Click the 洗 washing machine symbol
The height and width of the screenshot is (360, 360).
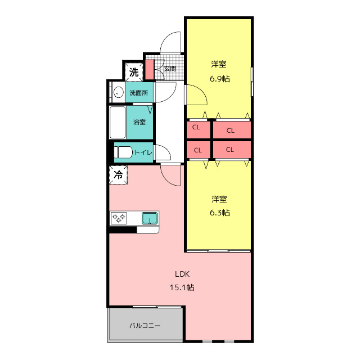(134, 72)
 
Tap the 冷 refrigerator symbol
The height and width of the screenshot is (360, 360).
(118, 175)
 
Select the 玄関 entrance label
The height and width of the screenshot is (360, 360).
(170, 69)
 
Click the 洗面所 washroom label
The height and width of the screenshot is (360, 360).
(139, 93)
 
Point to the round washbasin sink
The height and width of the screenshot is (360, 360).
(118, 93)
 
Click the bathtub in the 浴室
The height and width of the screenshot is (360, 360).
(118, 122)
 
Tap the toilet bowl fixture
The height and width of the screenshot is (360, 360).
(124, 152)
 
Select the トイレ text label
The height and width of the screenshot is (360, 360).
(143, 152)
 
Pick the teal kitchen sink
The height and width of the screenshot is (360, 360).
(150, 218)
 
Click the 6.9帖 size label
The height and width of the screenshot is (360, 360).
(220, 79)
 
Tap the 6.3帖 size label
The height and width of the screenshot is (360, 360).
(220, 213)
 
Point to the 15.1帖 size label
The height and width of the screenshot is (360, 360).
(182, 287)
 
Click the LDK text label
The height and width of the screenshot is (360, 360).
(182, 274)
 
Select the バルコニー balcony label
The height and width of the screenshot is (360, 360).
(145, 326)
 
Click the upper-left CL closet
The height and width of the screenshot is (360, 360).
(198, 130)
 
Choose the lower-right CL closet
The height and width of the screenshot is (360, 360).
(232, 150)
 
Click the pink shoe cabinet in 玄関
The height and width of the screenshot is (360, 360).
(150, 70)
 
